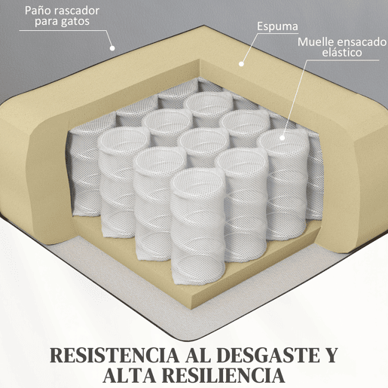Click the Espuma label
click(x=277, y=27)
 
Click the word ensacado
click(x=361, y=42)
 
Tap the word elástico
click(x=342, y=53)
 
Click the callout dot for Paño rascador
click(x=112, y=47)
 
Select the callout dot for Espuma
click(x=241, y=64)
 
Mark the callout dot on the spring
click(x=283, y=138)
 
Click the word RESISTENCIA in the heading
click(x=115, y=356)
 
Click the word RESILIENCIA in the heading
click(x=223, y=375)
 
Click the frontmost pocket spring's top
click(x=198, y=180)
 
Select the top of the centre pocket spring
click(x=205, y=139)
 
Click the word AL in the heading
click(x=198, y=356)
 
